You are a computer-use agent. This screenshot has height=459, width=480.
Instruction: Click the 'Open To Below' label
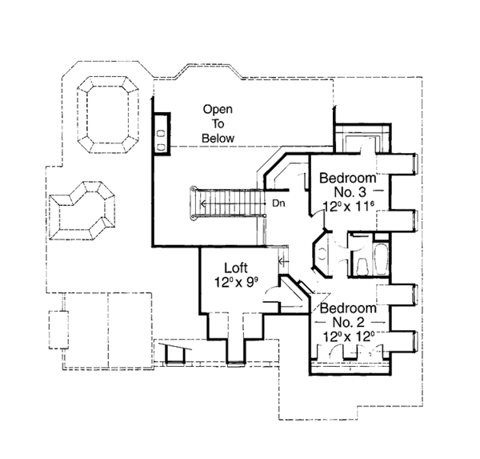(218, 123)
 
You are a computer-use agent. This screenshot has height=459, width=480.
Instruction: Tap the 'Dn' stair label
(279, 203)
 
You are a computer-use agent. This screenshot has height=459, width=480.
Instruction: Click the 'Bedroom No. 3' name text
(347, 185)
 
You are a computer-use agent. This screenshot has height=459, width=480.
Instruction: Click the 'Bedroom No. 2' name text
(349, 316)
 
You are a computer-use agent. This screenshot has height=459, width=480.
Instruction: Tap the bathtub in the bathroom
(378, 260)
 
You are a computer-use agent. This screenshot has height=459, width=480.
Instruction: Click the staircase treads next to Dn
(228, 203)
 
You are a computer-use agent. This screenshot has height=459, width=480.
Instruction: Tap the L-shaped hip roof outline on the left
(84, 213)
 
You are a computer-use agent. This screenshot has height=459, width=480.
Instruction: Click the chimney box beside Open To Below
(161, 133)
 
